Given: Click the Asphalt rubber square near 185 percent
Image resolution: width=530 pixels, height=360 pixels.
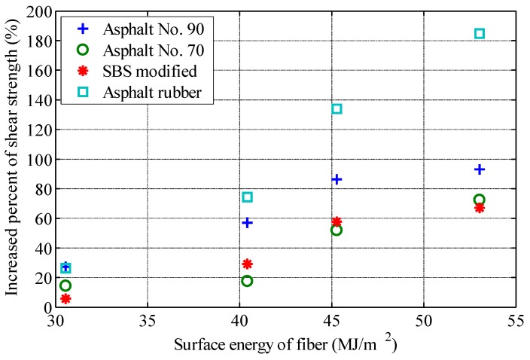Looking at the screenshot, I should click(x=480, y=34).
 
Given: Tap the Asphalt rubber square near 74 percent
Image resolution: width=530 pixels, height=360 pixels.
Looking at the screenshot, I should click(x=247, y=197).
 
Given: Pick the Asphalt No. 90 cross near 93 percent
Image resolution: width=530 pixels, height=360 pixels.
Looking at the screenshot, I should click(x=480, y=169).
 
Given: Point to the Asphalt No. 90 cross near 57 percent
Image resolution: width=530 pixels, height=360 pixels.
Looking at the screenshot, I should click(x=247, y=222).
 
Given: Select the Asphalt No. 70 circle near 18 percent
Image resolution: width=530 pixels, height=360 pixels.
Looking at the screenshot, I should click(x=247, y=281).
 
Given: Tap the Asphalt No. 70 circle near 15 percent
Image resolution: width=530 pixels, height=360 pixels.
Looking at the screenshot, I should click(x=65, y=285).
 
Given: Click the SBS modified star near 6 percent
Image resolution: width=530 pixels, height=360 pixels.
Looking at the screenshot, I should click(x=65, y=299).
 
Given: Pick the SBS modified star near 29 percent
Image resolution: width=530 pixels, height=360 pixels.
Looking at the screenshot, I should click(x=247, y=264).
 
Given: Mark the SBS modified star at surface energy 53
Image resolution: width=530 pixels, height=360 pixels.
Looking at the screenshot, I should click(x=480, y=208).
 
